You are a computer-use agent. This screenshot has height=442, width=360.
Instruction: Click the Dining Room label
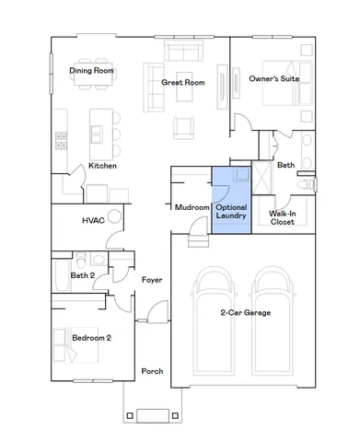[x=92, y=70]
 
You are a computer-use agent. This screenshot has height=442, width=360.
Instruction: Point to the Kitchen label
[x=102, y=166]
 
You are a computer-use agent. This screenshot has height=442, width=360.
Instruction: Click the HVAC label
[x=93, y=221]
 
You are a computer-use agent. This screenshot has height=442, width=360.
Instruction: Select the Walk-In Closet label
[x=282, y=217]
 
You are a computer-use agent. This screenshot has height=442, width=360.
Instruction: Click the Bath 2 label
[x=84, y=274]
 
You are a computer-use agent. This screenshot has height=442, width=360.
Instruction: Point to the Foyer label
[x=152, y=279]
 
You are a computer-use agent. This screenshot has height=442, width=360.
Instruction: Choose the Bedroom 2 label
[x=91, y=338]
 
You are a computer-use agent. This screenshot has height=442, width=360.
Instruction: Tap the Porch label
[x=152, y=371]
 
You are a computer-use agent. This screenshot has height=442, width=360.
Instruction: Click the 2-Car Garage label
[x=245, y=313]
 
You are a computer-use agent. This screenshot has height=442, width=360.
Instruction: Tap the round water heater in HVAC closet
[x=115, y=218]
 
